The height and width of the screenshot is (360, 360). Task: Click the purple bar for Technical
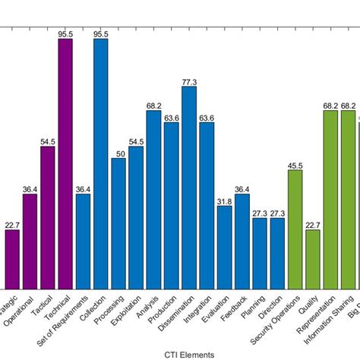(65, 163)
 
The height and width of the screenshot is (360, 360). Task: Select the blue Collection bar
(100, 163)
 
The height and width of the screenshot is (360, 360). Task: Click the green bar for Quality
(313, 259)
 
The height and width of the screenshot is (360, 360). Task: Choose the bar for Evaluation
(224, 247)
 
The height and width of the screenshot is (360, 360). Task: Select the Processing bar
(118, 223)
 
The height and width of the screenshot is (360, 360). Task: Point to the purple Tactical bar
(47, 217)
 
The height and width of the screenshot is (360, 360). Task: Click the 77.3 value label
(189, 81)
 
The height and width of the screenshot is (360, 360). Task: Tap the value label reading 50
(118, 153)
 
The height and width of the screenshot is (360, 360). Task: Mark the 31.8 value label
(224, 201)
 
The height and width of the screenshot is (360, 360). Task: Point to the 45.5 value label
(295, 165)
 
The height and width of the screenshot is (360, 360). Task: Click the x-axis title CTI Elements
(188, 354)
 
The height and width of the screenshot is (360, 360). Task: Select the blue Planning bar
(260, 253)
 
